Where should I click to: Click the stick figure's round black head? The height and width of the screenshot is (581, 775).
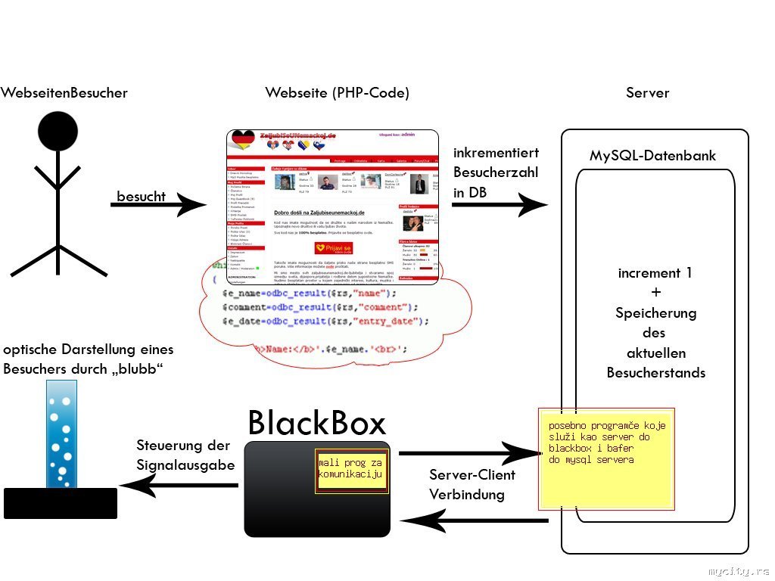pyautogui.click(x=58, y=130)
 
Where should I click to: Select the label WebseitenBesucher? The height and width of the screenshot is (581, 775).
pyautogui.click(x=64, y=93)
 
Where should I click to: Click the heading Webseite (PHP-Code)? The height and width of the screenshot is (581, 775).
pyautogui.click(x=337, y=93)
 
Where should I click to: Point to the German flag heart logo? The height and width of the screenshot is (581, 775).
pyautogui.click(x=243, y=139)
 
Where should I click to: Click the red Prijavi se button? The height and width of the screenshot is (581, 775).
pyautogui.click(x=334, y=248)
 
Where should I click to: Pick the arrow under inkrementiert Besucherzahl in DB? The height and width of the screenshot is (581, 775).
pyautogui.click(x=500, y=204)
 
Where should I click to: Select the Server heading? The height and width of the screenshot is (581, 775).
pyautogui.click(x=647, y=93)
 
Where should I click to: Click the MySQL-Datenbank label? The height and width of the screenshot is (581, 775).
pyautogui.click(x=652, y=157)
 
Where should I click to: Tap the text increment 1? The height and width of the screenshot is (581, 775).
pyautogui.click(x=655, y=273)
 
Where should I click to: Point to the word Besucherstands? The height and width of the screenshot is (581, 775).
pyautogui.click(x=655, y=372)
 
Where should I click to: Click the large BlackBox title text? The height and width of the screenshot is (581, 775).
pyautogui.click(x=316, y=424)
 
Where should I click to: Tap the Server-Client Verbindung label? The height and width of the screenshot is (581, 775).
pyautogui.click(x=472, y=484)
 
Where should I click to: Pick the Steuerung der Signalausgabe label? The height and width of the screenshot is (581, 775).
pyautogui.click(x=185, y=455)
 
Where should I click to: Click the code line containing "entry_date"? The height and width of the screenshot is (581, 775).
pyautogui.click(x=325, y=322)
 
